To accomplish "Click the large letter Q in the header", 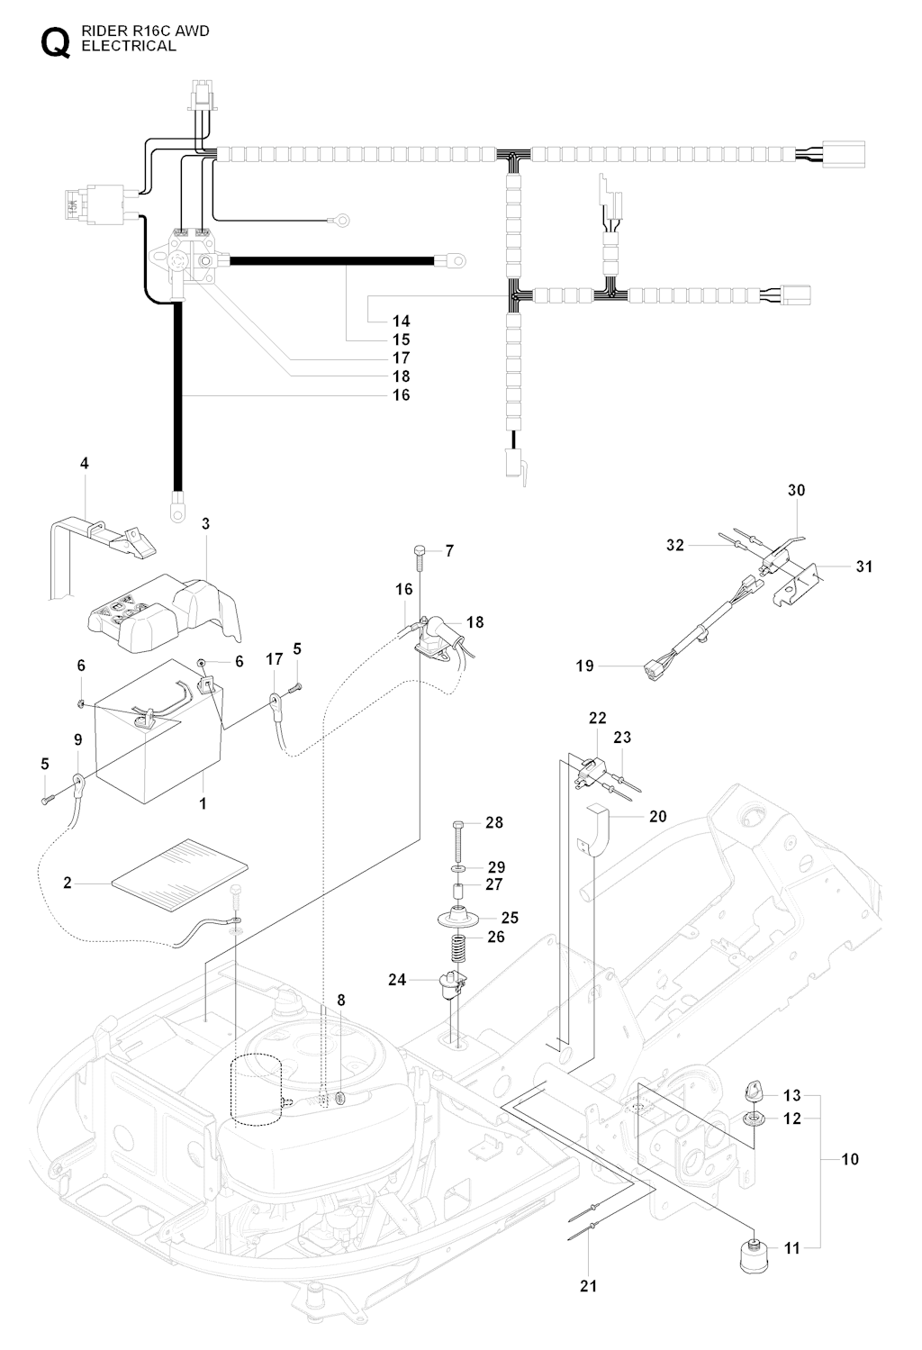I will [x=54, y=42].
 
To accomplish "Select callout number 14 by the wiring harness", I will [x=401, y=321].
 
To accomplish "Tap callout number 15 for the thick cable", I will [x=401, y=340].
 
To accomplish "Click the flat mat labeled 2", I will [x=180, y=866].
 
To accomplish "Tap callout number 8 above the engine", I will [x=340, y=1000].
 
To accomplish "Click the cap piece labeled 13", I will [x=753, y=1092].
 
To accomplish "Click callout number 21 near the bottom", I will [x=588, y=1286].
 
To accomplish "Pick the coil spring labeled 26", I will [x=457, y=947].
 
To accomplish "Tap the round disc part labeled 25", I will [x=458, y=919].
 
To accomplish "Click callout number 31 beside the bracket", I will [x=864, y=566].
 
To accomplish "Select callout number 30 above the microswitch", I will [x=796, y=490].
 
